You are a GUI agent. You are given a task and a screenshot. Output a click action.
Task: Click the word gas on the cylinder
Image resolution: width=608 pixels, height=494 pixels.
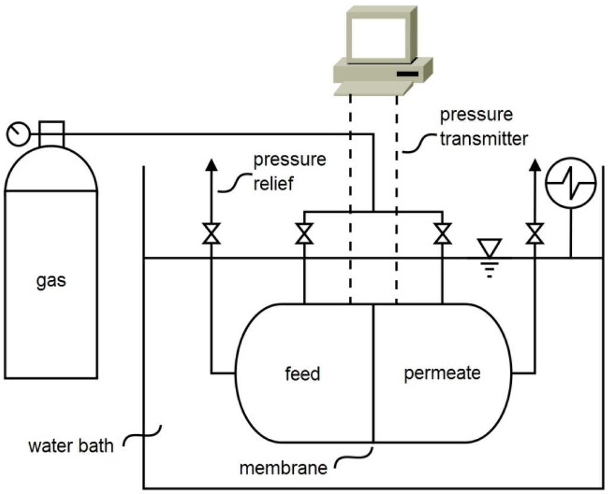[50, 280]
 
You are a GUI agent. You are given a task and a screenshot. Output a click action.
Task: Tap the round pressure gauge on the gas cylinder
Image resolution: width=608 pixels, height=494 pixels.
[17, 134]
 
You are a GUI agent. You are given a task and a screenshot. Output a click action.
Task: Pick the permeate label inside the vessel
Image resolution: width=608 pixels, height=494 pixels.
[442, 374]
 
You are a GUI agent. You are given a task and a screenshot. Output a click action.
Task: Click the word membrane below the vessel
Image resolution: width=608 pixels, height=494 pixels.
[283, 468]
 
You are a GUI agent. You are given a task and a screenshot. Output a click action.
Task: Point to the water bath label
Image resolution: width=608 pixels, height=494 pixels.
[71, 445]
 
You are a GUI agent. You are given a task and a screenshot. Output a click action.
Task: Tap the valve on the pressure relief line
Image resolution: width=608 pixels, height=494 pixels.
[211, 234]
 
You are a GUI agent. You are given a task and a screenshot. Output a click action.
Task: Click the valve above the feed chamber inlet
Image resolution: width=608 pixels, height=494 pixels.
[305, 234]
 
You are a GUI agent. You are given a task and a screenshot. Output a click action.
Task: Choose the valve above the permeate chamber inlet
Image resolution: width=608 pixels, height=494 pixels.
[442, 234]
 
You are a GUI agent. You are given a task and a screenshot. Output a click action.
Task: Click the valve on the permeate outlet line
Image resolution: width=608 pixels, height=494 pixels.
[535, 234]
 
